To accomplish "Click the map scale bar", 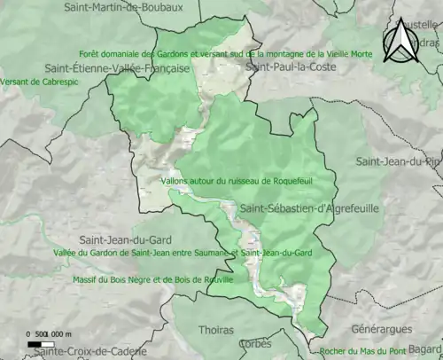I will click(40, 343).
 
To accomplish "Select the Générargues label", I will click(382, 327).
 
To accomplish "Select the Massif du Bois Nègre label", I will click(152, 279).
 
